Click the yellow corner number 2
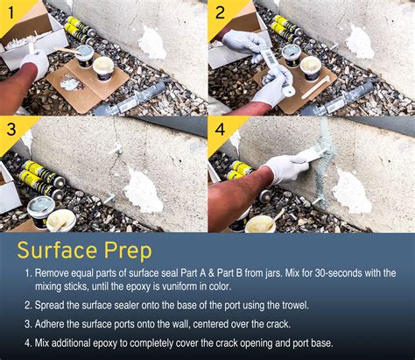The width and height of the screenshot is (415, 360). pyautogui.click(x=220, y=12)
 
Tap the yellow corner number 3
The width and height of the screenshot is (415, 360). pyautogui.click(x=11, y=131)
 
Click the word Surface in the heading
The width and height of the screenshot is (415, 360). pyautogui.click(x=61, y=251)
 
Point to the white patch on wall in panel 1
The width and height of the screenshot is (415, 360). pyautogui.click(x=152, y=43)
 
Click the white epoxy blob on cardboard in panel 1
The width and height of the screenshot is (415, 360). pyautogui.click(x=70, y=83)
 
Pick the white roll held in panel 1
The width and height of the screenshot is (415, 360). pyautogui.click(x=37, y=61)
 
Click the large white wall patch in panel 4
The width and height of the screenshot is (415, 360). pyautogui.click(x=351, y=191)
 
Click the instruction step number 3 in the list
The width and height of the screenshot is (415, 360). pyautogui.click(x=27, y=323)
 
